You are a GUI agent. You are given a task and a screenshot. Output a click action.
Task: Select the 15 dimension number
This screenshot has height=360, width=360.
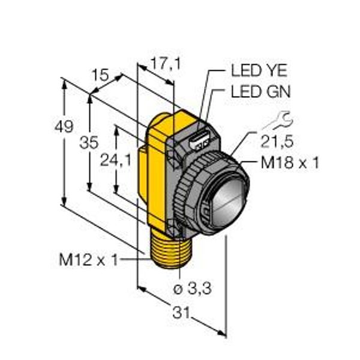click(x=100, y=75)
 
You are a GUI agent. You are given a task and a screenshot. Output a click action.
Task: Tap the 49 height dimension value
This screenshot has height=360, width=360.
click(x=64, y=126)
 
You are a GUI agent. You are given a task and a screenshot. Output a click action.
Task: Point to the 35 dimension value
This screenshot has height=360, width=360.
click(x=89, y=142)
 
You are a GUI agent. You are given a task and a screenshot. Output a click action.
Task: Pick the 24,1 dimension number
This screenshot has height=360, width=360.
click(x=116, y=160)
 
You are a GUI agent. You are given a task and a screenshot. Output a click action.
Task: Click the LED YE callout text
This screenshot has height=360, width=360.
click(x=259, y=70)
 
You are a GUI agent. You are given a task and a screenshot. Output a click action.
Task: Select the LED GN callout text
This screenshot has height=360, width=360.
click(x=260, y=91)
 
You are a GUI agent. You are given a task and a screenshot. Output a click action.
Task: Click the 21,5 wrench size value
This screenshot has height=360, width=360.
click(x=277, y=141)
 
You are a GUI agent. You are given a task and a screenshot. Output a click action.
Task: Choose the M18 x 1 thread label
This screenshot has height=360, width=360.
click(x=290, y=163)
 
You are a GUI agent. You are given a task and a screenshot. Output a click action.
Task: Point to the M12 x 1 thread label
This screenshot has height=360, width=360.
click(x=88, y=260)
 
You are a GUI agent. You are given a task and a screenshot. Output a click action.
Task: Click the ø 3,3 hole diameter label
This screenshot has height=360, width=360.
click(x=192, y=288)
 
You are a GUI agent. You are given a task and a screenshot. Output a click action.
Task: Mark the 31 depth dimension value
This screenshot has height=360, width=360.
click(x=181, y=313)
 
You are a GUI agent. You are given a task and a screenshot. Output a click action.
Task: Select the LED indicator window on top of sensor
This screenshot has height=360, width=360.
click(x=199, y=140)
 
